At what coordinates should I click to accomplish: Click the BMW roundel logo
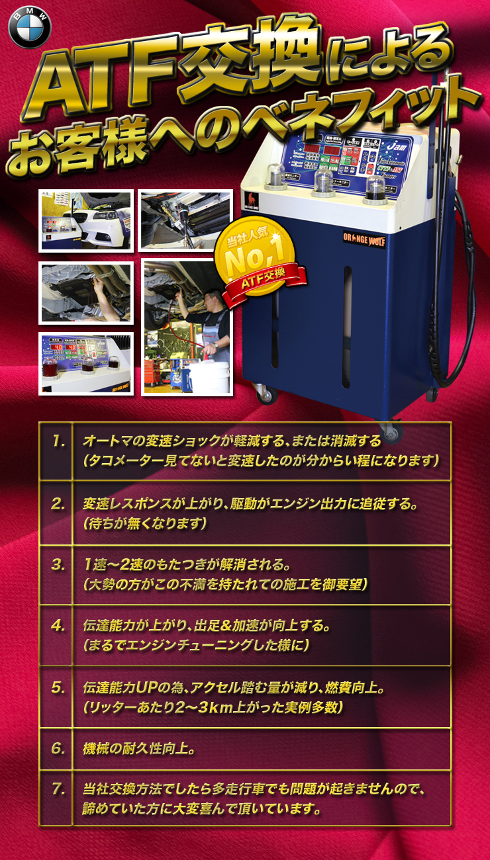click(x=30, y=28)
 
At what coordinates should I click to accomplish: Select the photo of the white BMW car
click(x=86, y=221)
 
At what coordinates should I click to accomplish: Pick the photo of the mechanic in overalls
click(x=187, y=327)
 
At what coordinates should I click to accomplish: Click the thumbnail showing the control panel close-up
click(x=86, y=363)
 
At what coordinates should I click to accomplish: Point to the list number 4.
click(x=58, y=624)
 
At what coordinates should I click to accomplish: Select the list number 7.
click(x=58, y=789)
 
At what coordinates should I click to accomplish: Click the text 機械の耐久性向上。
click(x=138, y=749)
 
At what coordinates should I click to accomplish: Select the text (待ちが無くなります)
click(x=146, y=523)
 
